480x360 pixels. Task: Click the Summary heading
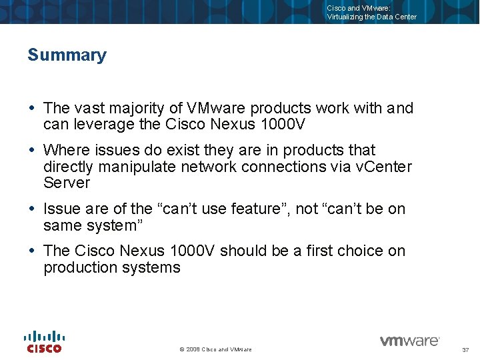(67, 55)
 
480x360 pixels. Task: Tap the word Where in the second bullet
(65, 150)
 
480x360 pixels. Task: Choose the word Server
(66, 183)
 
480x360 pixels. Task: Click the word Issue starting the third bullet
(61, 209)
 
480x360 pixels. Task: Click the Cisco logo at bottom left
(44, 341)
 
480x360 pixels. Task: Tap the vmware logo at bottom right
(409, 341)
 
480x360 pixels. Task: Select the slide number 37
(465, 350)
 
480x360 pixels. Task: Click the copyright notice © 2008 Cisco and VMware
(215, 349)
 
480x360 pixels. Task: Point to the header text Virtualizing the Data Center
(371, 17)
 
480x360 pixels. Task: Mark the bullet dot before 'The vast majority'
(33, 108)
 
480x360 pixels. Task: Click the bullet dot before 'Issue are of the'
(33, 209)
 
